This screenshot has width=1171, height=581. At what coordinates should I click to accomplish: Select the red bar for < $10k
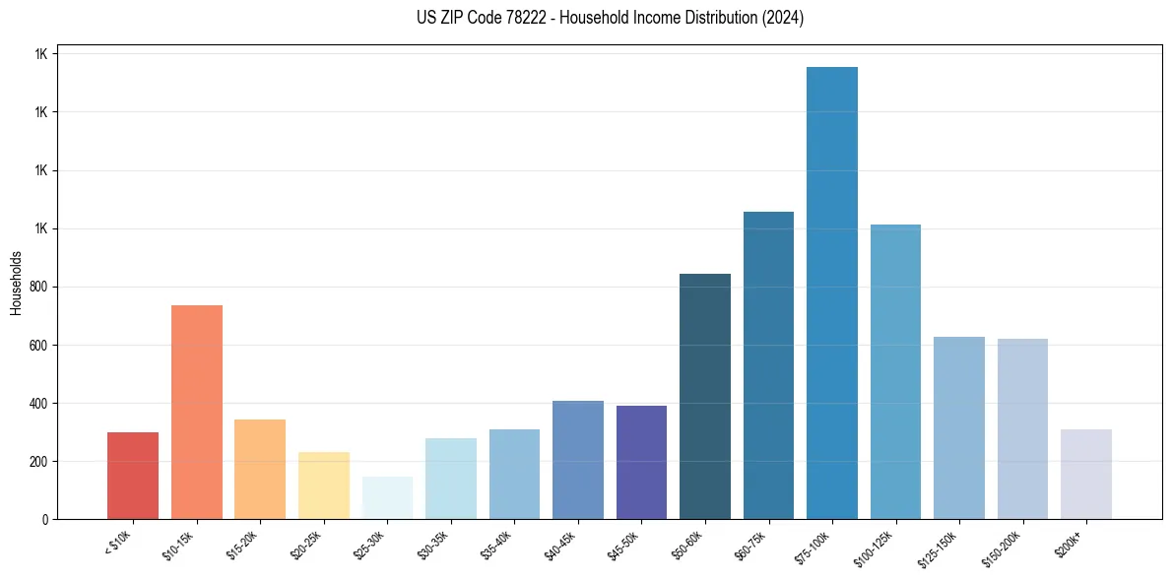133,476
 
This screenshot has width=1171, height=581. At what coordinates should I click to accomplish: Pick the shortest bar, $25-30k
387,498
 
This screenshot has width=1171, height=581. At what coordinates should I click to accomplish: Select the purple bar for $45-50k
641,462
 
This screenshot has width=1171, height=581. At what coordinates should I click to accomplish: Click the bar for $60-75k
768,365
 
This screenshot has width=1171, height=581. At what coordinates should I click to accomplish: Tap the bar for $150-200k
1022,428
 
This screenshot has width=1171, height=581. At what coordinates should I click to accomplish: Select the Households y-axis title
17,283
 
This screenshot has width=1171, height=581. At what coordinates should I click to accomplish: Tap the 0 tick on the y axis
45,520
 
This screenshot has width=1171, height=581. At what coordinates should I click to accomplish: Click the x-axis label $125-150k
944,547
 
